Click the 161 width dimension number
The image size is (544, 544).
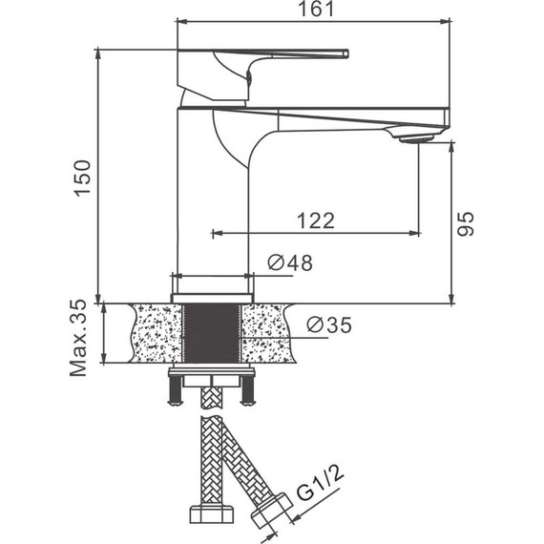coord(316,9)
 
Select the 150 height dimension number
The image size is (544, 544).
coord(83,178)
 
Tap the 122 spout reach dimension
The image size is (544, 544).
coord(316,220)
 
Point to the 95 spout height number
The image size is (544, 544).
coord(465,223)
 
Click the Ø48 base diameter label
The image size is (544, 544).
coord(290,262)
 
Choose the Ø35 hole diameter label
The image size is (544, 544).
coord(329,324)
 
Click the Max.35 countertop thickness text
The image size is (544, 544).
coord(78,338)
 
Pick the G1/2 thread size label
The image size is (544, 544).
coord(320,482)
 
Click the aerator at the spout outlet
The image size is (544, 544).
coord(416,138)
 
